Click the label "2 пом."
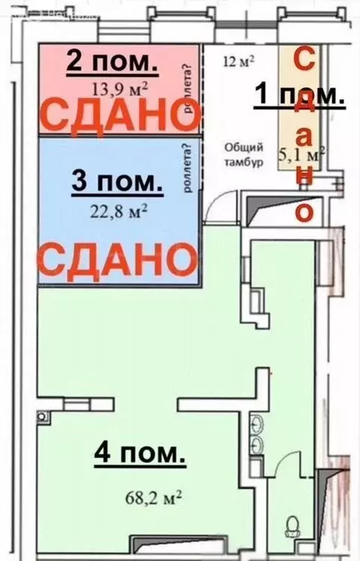[x=112, y=61]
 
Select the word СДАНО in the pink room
[x=112, y=115]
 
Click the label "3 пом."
[x=116, y=180]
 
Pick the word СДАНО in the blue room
[x=112, y=260]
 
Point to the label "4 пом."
[x=139, y=453]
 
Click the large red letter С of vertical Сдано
[x=304, y=61]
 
